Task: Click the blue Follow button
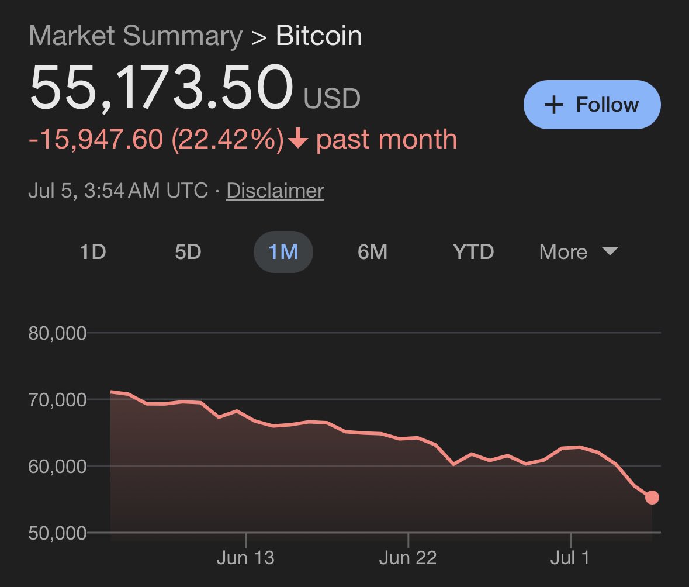coord(592,105)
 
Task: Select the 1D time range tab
coord(92,252)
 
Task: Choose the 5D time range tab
coord(188,252)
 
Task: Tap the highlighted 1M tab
coord(283,252)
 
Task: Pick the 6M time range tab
coord(372,252)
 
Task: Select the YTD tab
coord(473,252)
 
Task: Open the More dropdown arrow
coord(610,251)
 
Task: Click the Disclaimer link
coord(275,191)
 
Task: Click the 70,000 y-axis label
coord(57,400)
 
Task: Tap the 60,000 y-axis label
coord(57,467)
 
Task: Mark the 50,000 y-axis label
coord(57,533)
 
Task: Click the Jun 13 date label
coord(245,558)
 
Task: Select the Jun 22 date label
coord(408,558)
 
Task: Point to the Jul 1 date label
coord(570,558)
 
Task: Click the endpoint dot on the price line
coord(652,498)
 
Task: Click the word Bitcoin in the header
coord(319,36)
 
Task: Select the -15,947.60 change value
coord(95,140)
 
